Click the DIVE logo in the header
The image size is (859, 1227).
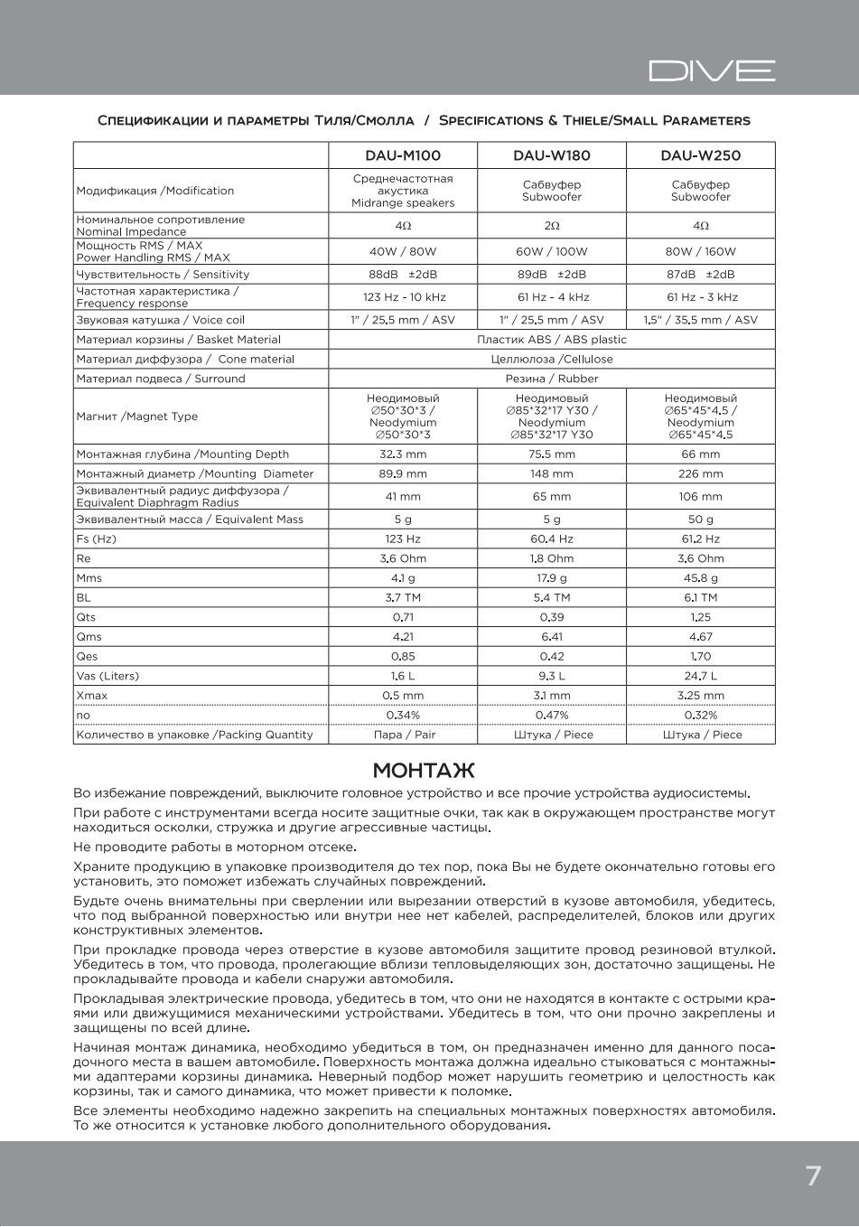(x=712, y=70)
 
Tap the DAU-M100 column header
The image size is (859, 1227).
(x=403, y=155)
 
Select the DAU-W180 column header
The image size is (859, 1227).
(x=552, y=155)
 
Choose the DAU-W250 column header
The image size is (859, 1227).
(x=700, y=155)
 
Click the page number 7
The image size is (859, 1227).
(x=813, y=1175)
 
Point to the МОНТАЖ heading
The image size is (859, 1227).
(x=424, y=771)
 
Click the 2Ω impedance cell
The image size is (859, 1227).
(x=552, y=226)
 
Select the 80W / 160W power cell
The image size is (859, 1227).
(x=700, y=251)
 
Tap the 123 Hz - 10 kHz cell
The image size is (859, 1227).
(x=403, y=297)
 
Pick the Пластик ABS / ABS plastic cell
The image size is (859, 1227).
(x=551, y=340)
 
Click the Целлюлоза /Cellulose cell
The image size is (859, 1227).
(x=551, y=360)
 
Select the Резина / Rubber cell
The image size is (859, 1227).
(x=551, y=379)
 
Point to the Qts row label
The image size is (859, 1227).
(x=86, y=618)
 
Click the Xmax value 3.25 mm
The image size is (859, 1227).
(x=700, y=696)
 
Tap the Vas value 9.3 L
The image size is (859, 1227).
(x=552, y=676)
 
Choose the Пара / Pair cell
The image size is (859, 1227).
(x=404, y=735)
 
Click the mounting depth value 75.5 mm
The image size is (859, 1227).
(x=552, y=454)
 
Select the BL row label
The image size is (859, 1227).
(x=83, y=598)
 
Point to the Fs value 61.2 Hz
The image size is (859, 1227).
(x=700, y=539)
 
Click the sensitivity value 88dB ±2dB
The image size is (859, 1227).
(x=403, y=275)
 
